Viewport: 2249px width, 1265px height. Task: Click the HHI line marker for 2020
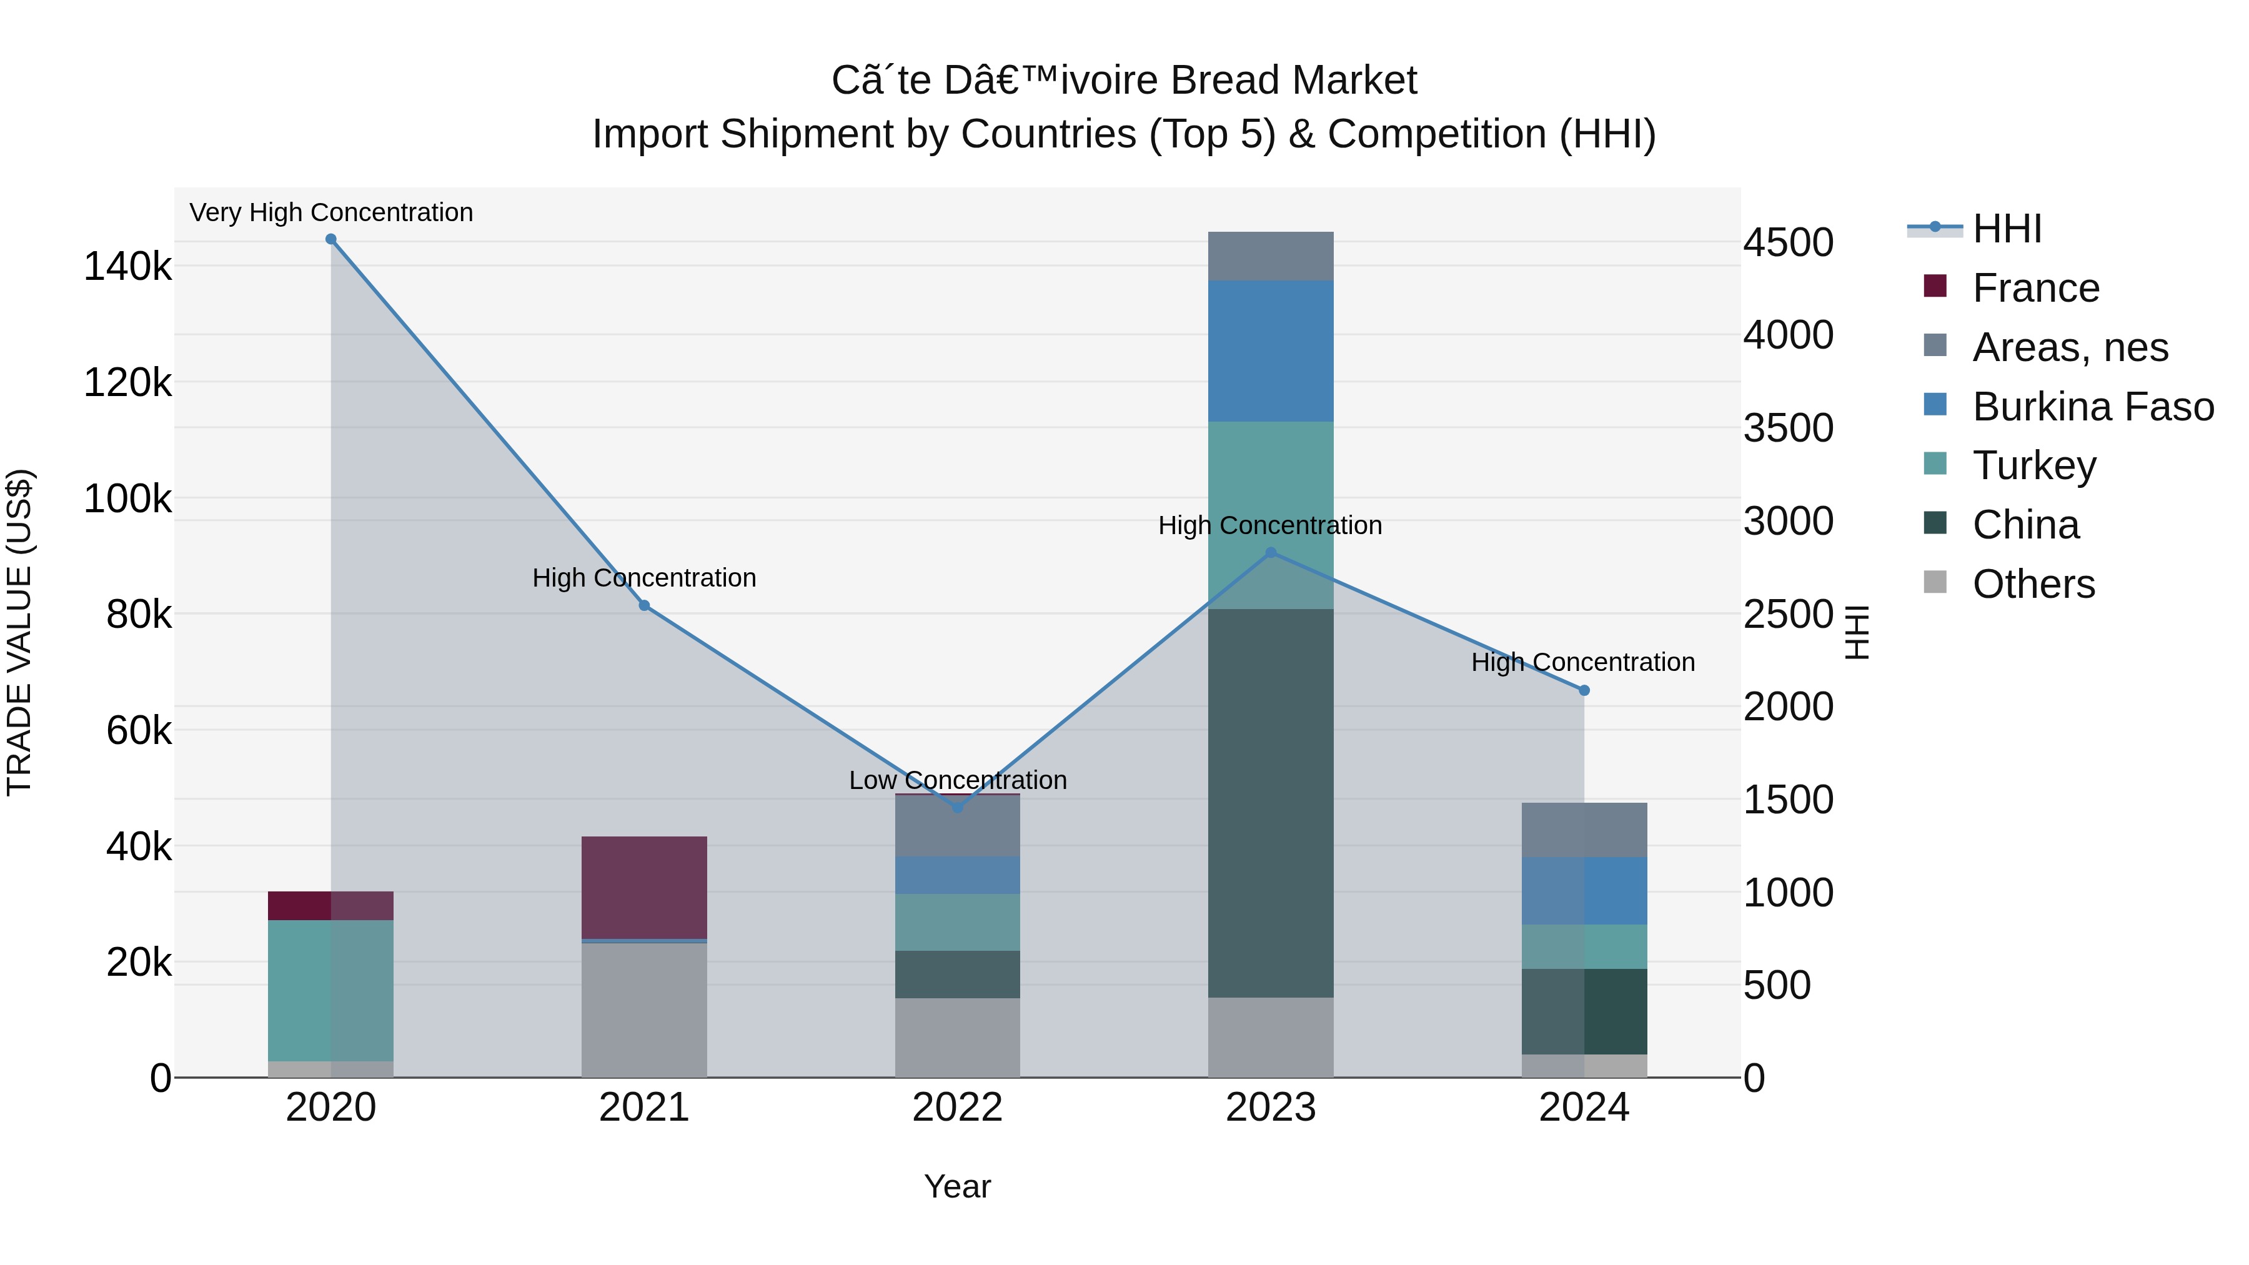331,239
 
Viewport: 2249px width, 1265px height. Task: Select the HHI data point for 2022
958,808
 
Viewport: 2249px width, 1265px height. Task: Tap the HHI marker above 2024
1584,690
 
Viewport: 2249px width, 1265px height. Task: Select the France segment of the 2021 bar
644,887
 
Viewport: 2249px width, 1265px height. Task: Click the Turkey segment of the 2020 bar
331,990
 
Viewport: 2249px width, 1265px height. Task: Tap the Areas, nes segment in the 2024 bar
1584,830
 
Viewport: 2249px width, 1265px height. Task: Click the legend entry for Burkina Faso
2092,407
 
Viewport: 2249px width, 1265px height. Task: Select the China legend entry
2025,525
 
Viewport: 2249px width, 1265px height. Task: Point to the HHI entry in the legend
2006,229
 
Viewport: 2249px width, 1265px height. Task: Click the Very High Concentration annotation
331,212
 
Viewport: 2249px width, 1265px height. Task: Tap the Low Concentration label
958,780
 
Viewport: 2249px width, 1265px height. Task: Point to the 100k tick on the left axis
127,499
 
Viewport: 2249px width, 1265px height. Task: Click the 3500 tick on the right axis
1788,428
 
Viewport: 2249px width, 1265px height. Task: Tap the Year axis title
958,1186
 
